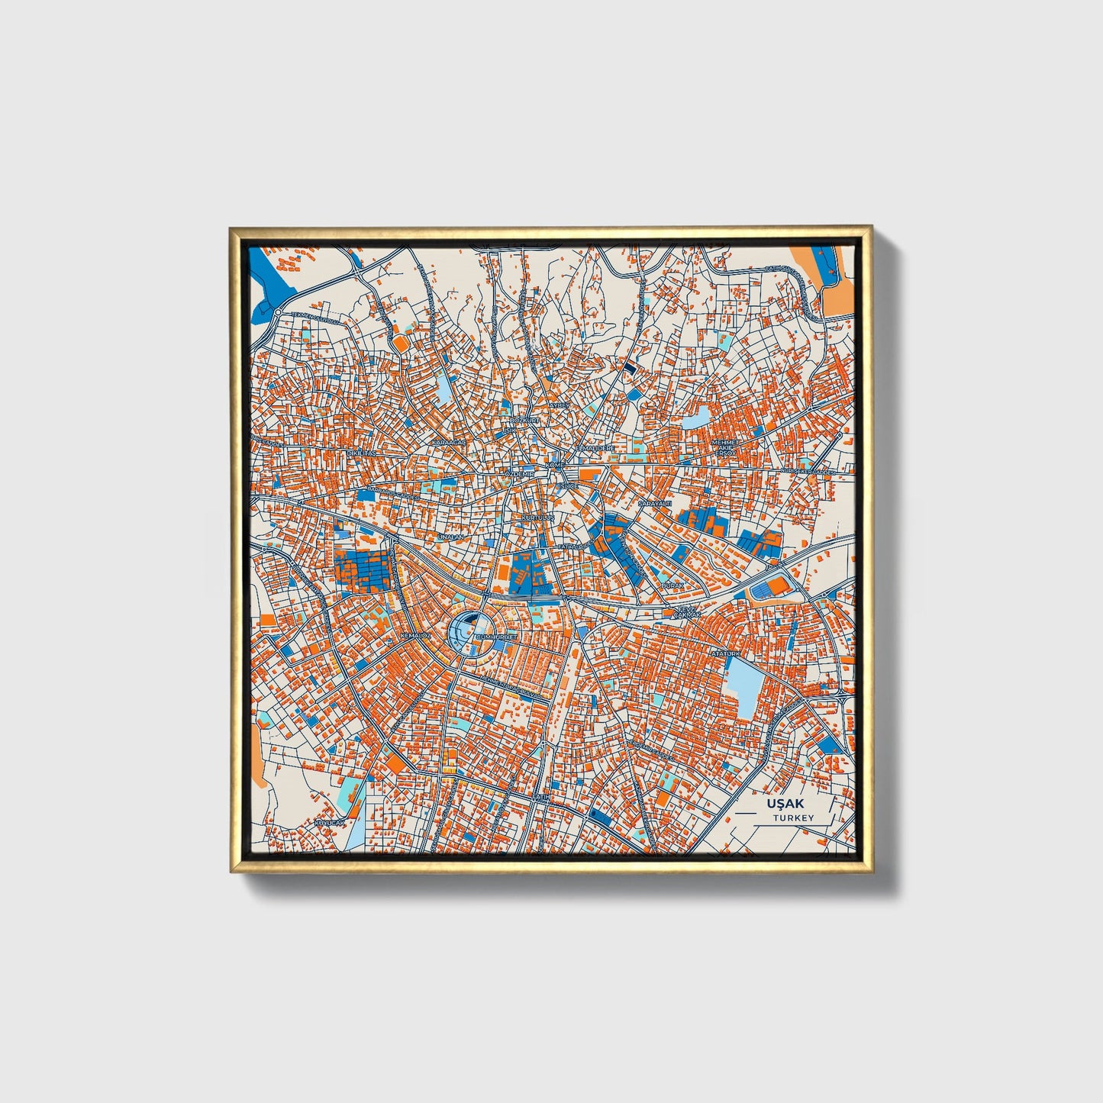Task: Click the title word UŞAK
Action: click(x=785, y=804)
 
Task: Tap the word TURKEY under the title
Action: click(x=793, y=818)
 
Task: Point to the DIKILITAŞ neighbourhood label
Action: click(x=363, y=453)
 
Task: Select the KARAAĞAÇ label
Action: click(x=448, y=443)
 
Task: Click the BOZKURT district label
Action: click(x=525, y=421)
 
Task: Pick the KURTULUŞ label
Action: click(x=537, y=518)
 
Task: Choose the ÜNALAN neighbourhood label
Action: click(x=450, y=537)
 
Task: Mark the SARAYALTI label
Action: click(x=654, y=505)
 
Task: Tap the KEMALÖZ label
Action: click(x=416, y=635)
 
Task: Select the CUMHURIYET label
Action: click(x=496, y=636)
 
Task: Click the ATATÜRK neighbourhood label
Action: click(x=726, y=654)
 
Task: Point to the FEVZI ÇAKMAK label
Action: click(x=686, y=611)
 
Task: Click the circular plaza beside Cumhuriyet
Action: click(x=466, y=632)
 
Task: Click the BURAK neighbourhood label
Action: click(x=672, y=585)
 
